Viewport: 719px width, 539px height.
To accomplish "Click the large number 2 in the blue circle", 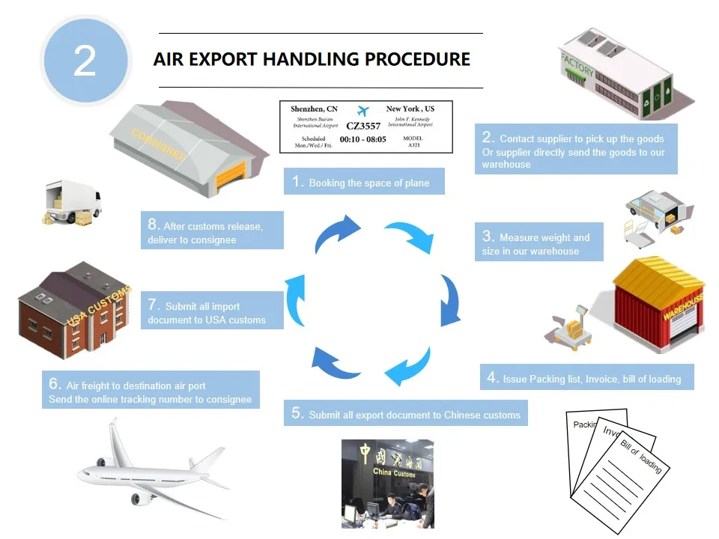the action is (x=85, y=61).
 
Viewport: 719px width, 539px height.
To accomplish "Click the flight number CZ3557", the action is (x=363, y=126).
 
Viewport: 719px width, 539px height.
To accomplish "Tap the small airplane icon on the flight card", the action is (x=362, y=111).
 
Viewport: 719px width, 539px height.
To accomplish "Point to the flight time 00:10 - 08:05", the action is (x=362, y=139).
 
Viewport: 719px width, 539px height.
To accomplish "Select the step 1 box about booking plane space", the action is (x=364, y=181).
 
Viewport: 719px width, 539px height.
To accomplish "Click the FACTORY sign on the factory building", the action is (x=577, y=65).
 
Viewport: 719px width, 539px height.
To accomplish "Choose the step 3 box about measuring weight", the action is (x=539, y=242).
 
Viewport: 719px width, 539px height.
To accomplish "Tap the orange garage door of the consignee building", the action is (x=231, y=177).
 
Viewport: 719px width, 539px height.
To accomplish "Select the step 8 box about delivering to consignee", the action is (x=212, y=231).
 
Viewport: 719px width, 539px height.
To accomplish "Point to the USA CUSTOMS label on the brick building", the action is (x=99, y=305).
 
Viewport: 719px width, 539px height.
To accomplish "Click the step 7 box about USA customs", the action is (x=212, y=310).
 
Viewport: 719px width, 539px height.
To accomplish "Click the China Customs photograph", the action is (x=387, y=484).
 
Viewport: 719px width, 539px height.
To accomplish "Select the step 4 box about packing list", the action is (x=587, y=377).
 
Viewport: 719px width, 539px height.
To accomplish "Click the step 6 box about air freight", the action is (x=151, y=389).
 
